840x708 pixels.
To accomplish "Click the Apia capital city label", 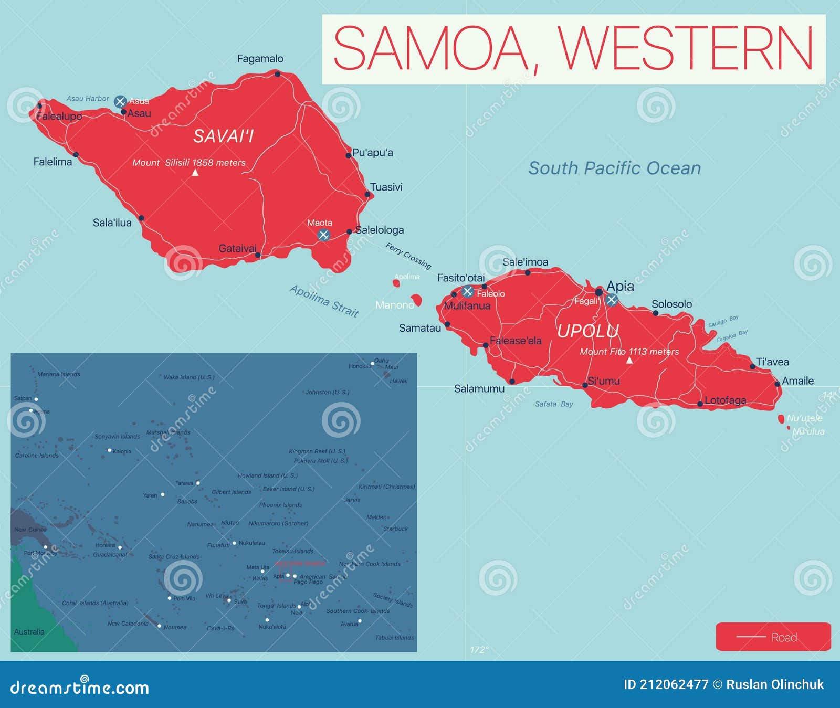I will click(x=620, y=286).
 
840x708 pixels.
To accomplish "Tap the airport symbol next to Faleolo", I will click(x=468, y=291).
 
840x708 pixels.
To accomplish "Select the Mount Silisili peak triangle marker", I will click(x=195, y=173).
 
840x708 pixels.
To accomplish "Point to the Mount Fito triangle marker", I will click(x=629, y=361).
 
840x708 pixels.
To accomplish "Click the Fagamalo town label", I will click(x=260, y=59).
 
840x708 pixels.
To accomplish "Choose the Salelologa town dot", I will click(x=349, y=231).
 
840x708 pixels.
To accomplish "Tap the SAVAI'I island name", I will click(x=223, y=136).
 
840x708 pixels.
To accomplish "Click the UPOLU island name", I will click(x=587, y=331).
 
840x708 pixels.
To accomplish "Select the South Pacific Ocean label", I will click(x=614, y=168).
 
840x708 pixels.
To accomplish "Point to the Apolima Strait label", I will click(x=324, y=301).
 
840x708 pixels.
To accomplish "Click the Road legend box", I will click(x=773, y=637).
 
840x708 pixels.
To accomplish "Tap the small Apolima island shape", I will click(x=396, y=283).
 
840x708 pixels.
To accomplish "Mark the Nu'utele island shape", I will click(x=781, y=419).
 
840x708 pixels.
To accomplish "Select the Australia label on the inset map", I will click(x=29, y=632).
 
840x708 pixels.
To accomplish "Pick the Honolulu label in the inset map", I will click(x=360, y=366).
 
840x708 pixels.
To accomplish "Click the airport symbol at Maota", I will click(x=323, y=235).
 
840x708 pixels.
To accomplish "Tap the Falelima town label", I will click(x=52, y=162).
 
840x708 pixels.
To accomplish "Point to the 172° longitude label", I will click(x=479, y=650).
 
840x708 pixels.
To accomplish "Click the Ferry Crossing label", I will click(x=408, y=255).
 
